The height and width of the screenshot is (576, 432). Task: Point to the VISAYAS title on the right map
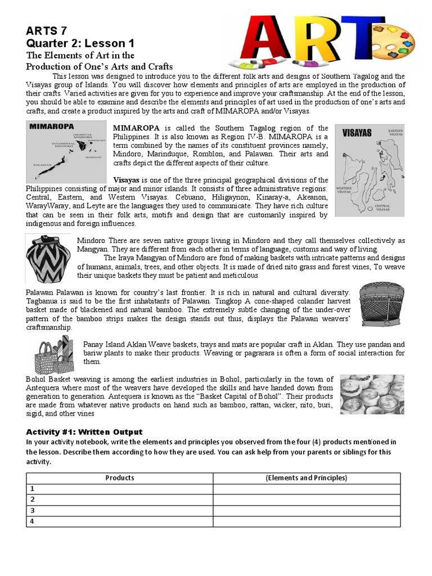(x=357, y=133)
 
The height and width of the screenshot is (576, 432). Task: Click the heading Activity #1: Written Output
(x=84, y=432)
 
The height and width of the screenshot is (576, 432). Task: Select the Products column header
(x=120, y=478)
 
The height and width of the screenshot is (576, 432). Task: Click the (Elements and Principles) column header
(x=306, y=478)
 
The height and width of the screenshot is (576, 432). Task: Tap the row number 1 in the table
(x=33, y=489)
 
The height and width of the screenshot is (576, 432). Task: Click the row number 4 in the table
(x=33, y=521)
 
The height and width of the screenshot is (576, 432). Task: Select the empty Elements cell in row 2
(x=306, y=499)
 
